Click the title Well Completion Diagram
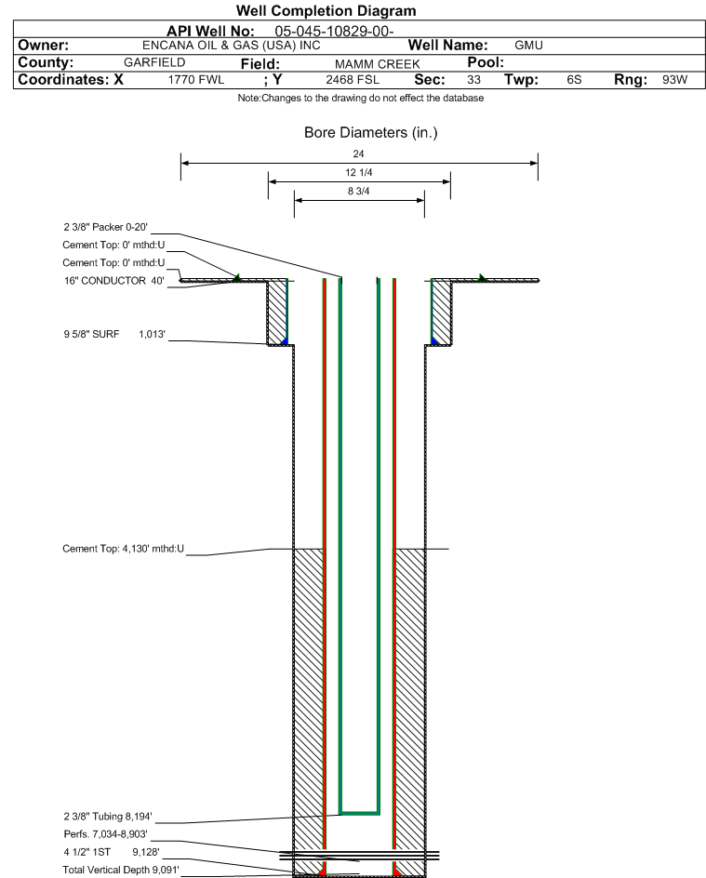tap(326, 10)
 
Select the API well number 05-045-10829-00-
tap(334, 31)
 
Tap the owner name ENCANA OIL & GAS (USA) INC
tap(232, 46)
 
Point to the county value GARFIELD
tap(154, 62)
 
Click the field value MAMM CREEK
tap(378, 64)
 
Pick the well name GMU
tap(528, 46)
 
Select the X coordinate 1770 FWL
tap(196, 79)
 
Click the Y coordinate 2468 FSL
tap(353, 79)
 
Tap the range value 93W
tap(674, 79)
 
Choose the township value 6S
tap(574, 79)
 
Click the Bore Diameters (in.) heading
tap(370, 133)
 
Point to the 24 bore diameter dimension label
tap(358, 153)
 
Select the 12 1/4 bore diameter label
tap(358, 172)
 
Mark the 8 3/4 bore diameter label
tap(358, 191)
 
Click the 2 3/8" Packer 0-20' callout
tap(105, 227)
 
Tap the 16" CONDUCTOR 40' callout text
tap(114, 281)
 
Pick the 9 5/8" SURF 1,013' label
tap(114, 334)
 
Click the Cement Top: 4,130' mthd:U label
tap(123, 549)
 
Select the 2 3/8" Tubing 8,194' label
tap(108, 817)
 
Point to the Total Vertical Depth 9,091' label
tap(121, 870)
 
